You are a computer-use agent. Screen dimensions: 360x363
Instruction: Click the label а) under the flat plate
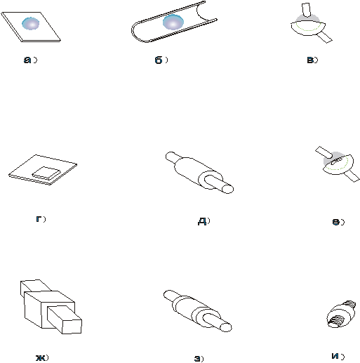30,60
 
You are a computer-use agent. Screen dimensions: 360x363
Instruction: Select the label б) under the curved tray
161,60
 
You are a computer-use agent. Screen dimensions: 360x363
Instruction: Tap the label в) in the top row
312,60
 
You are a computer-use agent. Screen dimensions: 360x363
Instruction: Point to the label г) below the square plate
41,219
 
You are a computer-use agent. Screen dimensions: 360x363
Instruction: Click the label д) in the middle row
204,221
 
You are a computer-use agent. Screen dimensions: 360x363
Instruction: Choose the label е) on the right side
338,222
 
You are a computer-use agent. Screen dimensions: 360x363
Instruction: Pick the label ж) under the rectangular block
42,357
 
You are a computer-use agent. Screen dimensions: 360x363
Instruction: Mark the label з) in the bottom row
199,359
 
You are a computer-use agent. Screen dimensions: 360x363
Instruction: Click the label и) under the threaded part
338,356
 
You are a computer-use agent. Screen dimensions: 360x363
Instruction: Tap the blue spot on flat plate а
31,23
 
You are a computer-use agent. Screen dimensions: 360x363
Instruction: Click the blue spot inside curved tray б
173,22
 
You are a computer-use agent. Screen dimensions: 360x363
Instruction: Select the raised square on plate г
46,173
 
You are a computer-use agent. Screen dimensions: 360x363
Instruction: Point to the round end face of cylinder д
227,189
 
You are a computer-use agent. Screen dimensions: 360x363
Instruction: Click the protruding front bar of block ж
65,319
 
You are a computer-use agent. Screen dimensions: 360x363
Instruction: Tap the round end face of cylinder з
226,327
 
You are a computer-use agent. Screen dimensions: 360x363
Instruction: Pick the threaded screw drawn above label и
341,315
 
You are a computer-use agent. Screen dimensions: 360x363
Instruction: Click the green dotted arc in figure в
308,27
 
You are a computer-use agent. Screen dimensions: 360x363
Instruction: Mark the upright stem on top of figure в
306,10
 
